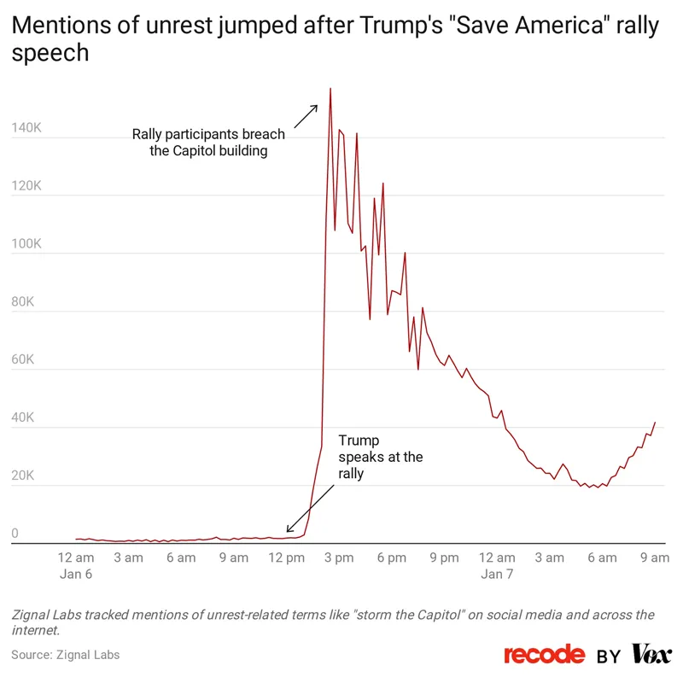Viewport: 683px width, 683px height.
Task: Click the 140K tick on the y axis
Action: pyautogui.click(x=26, y=128)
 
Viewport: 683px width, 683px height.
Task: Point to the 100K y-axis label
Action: pyautogui.click(x=26, y=244)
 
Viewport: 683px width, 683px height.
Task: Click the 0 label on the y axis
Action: pyautogui.click(x=15, y=534)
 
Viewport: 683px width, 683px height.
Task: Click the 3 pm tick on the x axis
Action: pyautogui.click(x=339, y=558)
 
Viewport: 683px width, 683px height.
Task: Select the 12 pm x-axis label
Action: pyautogui.click(x=286, y=558)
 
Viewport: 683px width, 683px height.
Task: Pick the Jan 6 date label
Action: pyautogui.click(x=76, y=575)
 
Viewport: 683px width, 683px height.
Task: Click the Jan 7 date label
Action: pyautogui.click(x=497, y=575)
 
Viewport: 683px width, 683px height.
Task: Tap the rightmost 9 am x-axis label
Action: pyautogui.click(x=654, y=558)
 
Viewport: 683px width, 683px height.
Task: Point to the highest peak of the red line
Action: pyautogui.click(x=330, y=89)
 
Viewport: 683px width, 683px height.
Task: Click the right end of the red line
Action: pyautogui.click(x=655, y=423)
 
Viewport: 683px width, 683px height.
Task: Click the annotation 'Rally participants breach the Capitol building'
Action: pyautogui.click(x=208, y=143)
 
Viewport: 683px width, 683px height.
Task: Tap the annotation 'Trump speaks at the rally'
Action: pyautogui.click(x=380, y=457)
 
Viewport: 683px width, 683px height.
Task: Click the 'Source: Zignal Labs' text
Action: pyautogui.click(x=66, y=655)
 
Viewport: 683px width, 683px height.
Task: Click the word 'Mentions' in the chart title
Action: pyautogui.click(x=63, y=26)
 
